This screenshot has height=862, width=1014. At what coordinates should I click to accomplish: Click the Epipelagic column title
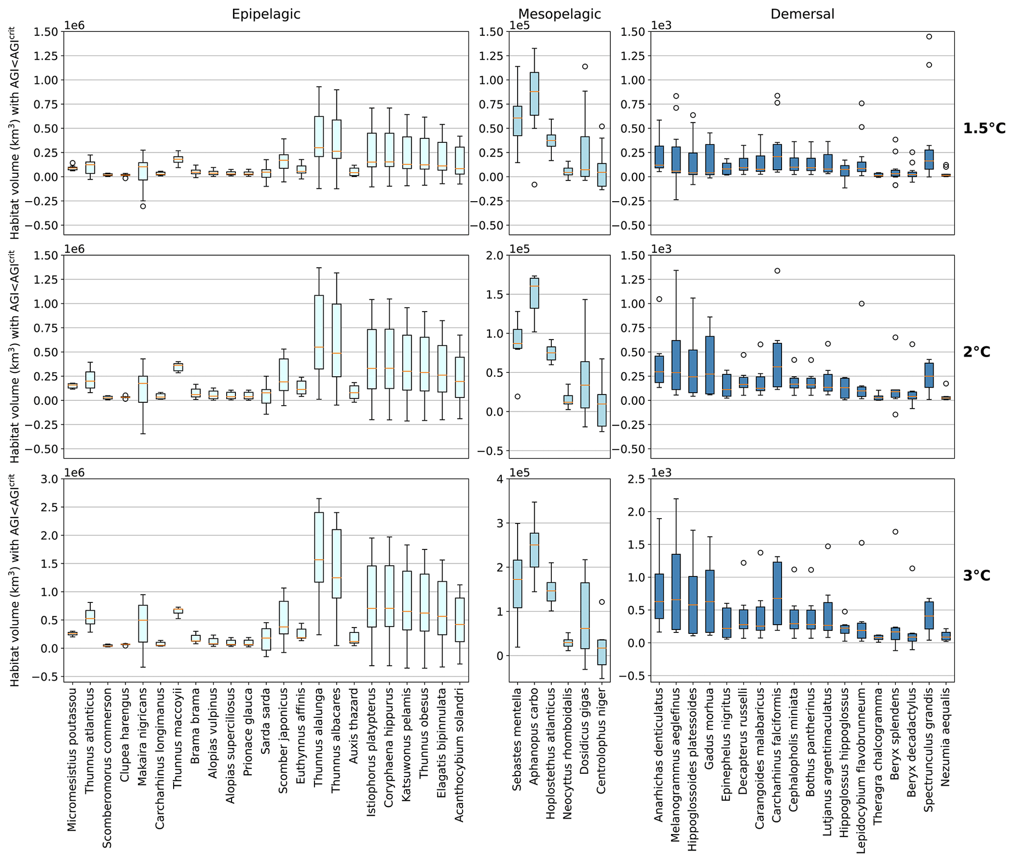point(266,14)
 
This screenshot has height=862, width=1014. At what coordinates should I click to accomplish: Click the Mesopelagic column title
point(559,14)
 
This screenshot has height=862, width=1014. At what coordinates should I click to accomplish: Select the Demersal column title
point(802,14)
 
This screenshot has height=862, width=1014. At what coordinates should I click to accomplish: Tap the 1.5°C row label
point(984,129)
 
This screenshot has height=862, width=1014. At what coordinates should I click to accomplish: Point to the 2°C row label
point(977,352)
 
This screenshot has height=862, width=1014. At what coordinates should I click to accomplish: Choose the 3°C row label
point(977,575)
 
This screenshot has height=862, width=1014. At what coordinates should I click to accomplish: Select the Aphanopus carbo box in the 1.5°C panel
point(534,94)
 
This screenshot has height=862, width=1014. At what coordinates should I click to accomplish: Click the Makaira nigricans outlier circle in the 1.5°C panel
point(143,206)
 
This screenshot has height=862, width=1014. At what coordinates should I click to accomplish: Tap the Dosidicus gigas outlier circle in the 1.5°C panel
point(585,67)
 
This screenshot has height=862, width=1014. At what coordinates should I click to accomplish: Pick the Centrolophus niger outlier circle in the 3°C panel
point(602,602)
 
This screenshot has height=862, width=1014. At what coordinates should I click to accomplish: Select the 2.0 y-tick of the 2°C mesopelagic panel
point(496,255)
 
